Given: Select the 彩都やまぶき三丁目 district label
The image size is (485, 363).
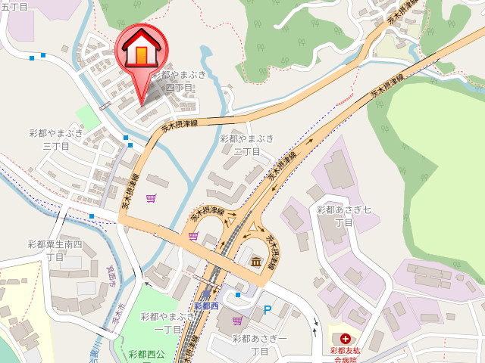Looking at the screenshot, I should point(57,139).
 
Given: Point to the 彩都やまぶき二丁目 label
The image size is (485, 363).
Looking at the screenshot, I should point(247,144).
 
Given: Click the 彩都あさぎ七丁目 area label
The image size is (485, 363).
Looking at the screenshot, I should point(343,216).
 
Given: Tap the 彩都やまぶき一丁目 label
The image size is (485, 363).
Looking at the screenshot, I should point(167,322).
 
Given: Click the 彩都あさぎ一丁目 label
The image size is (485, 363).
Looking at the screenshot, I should point(260,345).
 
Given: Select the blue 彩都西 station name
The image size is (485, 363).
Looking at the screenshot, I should point(206,306).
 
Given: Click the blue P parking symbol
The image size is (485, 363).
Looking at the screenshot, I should point(267,309).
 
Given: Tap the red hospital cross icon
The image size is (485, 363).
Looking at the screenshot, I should point(346,339).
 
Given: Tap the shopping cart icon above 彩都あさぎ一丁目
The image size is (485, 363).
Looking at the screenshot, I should point(237,321).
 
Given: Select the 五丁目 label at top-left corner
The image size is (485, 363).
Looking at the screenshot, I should point(14,7).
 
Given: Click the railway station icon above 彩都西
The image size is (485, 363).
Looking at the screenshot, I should point(206,293).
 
